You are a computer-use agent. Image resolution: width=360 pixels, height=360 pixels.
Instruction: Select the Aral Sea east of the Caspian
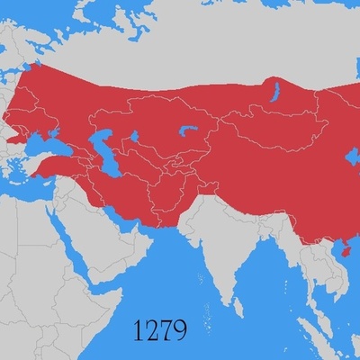point(134,139)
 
